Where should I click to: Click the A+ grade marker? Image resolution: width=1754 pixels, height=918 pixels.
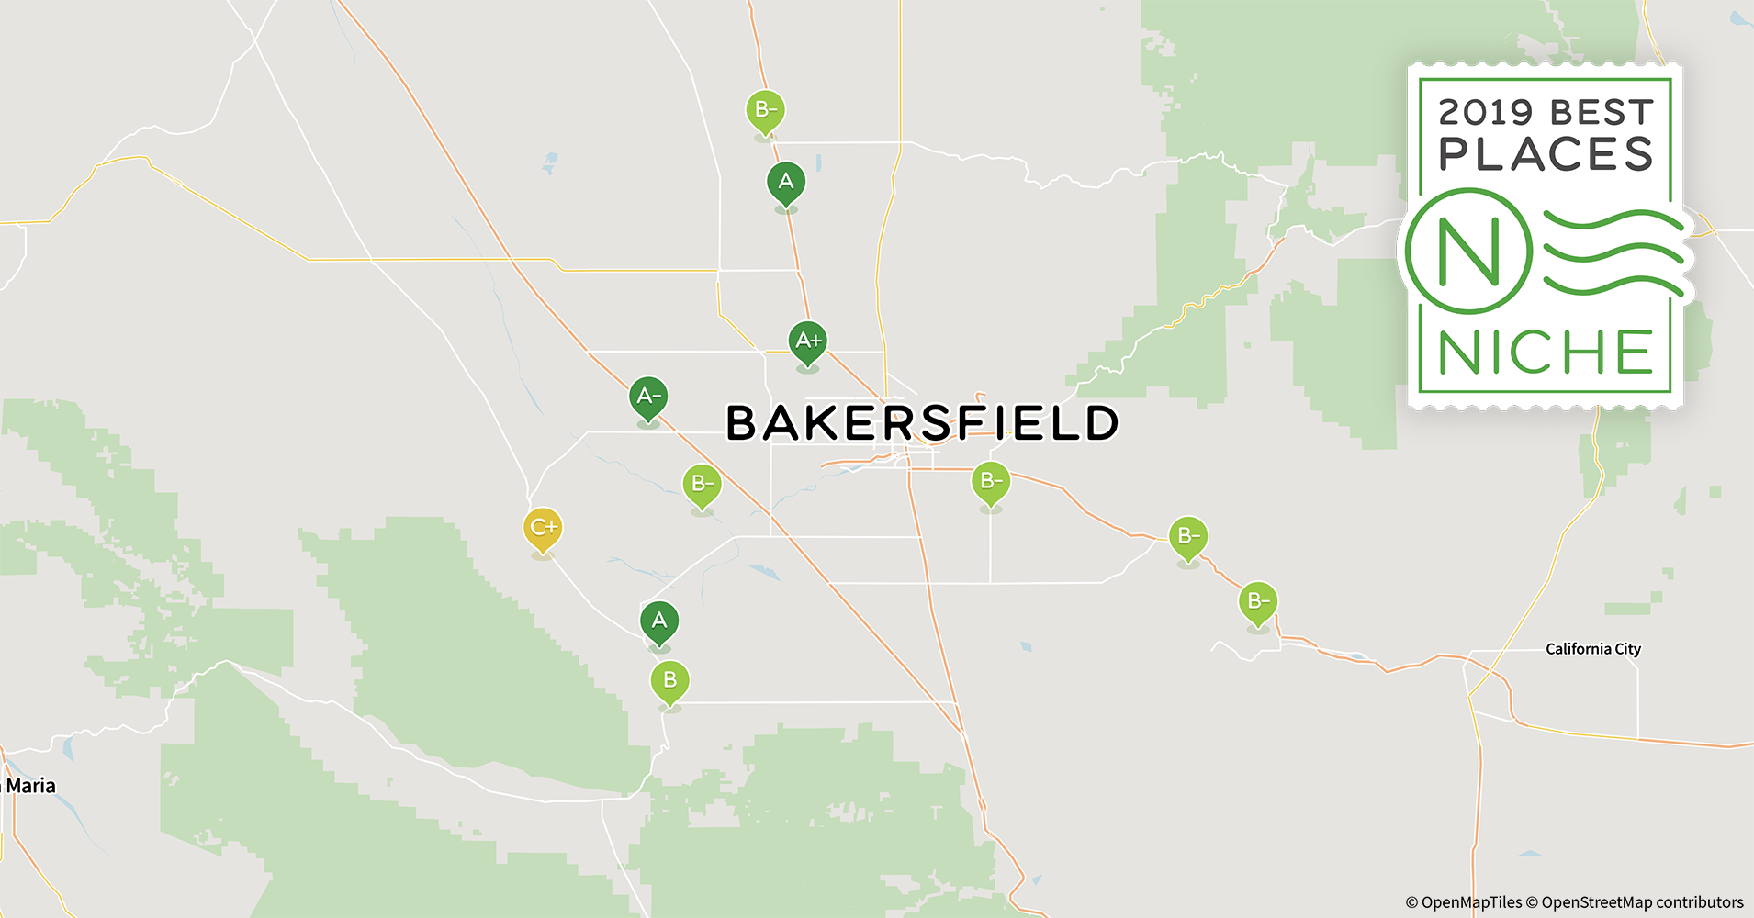pos(808,341)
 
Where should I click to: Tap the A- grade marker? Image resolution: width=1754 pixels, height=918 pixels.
pos(648,397)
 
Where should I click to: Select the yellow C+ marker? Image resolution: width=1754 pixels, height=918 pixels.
pos(543,528)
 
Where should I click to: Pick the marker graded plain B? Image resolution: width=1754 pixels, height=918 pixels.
pos(669,680)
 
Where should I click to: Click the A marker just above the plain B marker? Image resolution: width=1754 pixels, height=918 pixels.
pos(659,621)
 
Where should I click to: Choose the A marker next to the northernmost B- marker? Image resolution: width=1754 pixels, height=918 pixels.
pos(786,182)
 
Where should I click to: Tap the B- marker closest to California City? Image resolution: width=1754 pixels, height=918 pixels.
pos(1258,601)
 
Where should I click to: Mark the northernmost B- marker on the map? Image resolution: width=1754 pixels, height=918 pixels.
pos(765,110)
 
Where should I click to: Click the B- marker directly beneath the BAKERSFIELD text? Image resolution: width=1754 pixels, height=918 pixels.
pos(991,481)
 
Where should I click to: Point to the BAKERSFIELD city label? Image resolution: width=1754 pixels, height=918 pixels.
pos(922,423)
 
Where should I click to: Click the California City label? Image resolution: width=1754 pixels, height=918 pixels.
pos(1593,649)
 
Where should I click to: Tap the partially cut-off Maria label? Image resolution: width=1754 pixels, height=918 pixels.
pos(29,786)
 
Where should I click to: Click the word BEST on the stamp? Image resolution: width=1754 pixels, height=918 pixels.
pos(1602,113)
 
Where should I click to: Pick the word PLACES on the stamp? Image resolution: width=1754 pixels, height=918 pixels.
pos(1546,154)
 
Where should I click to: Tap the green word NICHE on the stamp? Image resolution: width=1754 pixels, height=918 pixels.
pos(1546,353)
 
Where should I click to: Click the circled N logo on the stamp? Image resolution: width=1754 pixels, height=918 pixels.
pos(1468,251)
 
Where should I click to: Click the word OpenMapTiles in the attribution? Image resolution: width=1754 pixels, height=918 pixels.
pos(1471,902)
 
